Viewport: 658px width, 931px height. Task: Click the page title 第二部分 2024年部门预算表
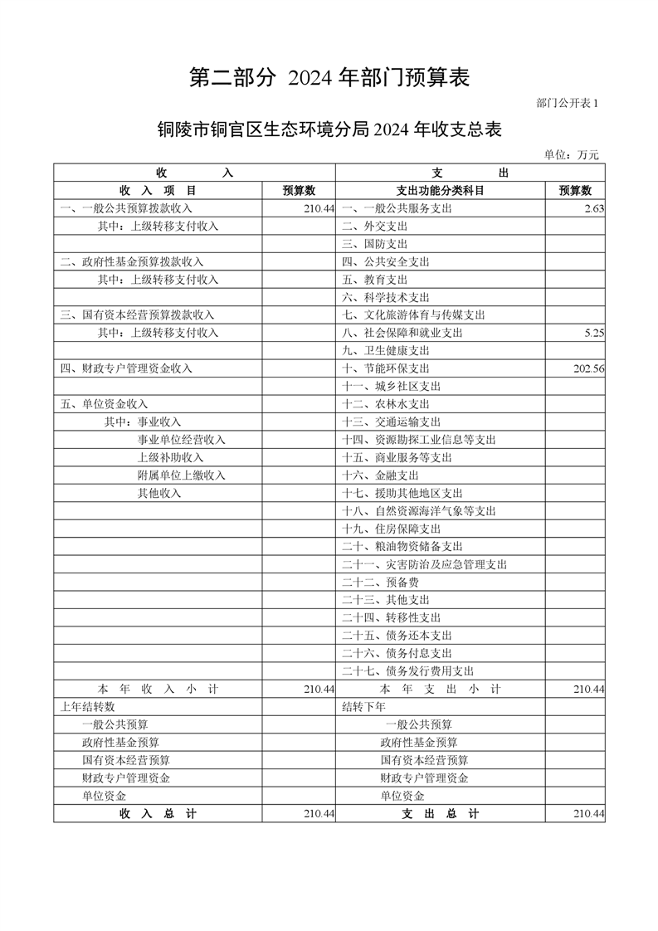pos(329,77)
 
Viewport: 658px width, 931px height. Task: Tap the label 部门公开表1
pos(567,102)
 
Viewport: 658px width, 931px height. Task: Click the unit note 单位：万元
pos(571,154)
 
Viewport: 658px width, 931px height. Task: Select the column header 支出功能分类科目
pos(441,191)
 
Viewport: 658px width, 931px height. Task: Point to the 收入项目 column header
pos(158,191)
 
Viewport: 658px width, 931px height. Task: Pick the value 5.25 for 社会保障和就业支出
pos(594,333)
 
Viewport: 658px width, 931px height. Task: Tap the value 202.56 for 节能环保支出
pos(588,368)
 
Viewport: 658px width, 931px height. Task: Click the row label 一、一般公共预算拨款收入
pos(126,209)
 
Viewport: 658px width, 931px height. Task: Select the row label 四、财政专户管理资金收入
pos(126,368)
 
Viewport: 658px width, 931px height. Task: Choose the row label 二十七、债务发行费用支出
pos(408,671)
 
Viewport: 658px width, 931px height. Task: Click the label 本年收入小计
pos(158,690)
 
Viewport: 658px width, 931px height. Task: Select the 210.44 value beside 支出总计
pos(588,815)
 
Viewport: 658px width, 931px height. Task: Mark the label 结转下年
pos(364,707)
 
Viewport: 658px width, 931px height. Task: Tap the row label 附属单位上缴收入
pos(182,475)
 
